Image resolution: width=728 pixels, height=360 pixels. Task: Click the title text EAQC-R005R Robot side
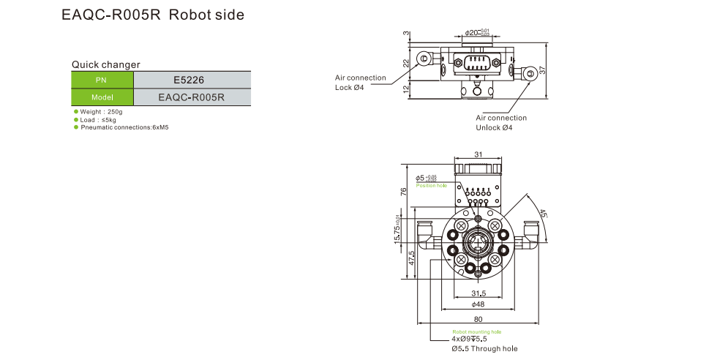coord(153,15)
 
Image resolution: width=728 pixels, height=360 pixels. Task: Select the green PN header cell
coord(102,80)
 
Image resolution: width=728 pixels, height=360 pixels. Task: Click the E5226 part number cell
coord(191,80)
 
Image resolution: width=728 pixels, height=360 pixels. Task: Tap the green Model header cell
coord(102,97)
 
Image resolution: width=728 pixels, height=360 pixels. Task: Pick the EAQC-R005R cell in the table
coord(191,97)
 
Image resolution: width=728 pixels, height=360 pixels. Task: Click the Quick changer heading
coord(105,64)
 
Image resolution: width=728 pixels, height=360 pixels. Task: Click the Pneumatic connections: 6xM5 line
coord(124,127)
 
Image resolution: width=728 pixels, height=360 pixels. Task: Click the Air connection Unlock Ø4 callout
coord(501,122)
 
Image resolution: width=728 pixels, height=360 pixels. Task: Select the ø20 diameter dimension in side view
coord(476,33)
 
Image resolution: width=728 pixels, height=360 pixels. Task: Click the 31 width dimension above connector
coord(478,154)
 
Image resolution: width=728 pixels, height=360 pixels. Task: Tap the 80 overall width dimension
coord(478,319)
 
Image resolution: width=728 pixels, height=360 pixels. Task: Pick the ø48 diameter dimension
coord(478,304)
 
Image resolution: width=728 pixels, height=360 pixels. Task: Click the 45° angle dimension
coord(542,215)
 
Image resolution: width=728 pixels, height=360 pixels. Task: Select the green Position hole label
coord(431,186)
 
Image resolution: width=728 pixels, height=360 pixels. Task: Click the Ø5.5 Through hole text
coord(484,349)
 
